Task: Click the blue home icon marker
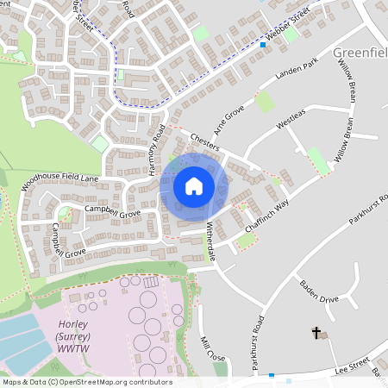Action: tap(194, 186)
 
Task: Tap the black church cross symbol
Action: tap(316, 332)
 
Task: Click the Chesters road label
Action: tap(205, 141)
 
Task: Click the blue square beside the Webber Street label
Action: tap(263, 44)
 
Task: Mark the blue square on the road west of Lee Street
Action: tap(272, 375)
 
